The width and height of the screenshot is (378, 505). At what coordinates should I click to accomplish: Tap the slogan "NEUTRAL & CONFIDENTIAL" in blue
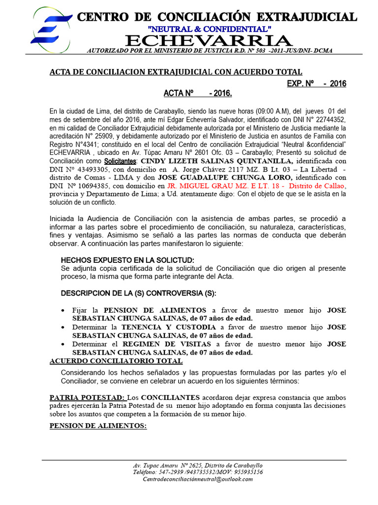coord(210,29)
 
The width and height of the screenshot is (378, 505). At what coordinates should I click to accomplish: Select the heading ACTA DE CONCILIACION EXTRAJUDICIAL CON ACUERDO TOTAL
coord(176,72)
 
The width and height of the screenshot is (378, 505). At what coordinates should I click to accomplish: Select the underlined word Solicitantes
coord(120,161)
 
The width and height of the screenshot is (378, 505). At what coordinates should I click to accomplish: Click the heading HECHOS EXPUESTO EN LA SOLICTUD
coord(127,260)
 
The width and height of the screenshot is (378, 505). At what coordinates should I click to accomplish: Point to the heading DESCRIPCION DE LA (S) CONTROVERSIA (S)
coord(138,293)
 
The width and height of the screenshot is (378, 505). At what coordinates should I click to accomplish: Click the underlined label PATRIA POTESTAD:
coord(88,397)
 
